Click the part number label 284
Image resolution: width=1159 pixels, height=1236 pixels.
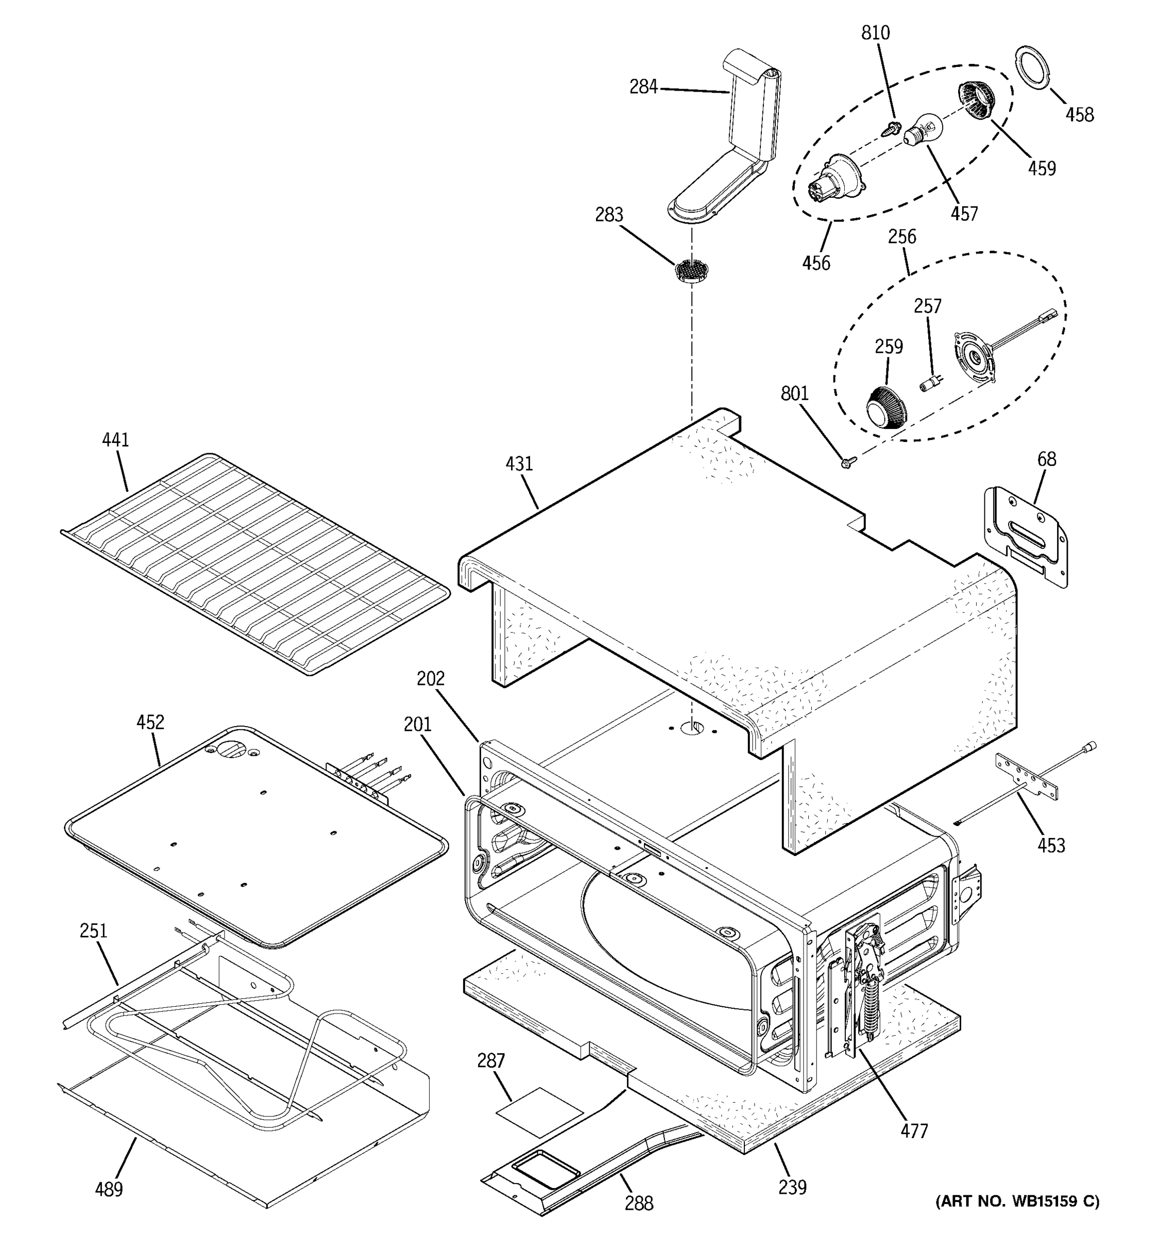[x=643, y=87]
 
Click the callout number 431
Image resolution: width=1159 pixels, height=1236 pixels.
[x=519, y=464]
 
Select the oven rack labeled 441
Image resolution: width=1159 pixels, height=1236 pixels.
[x=255, y=563]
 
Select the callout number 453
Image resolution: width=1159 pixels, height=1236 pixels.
[x=1051, y=846]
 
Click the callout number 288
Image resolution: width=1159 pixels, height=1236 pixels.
[x=639, y=1204]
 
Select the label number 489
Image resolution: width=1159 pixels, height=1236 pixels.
[x=109, y=1189]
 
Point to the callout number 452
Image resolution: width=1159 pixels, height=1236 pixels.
[x=150, y=723]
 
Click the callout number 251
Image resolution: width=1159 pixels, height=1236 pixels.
[x=93, y=931]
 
